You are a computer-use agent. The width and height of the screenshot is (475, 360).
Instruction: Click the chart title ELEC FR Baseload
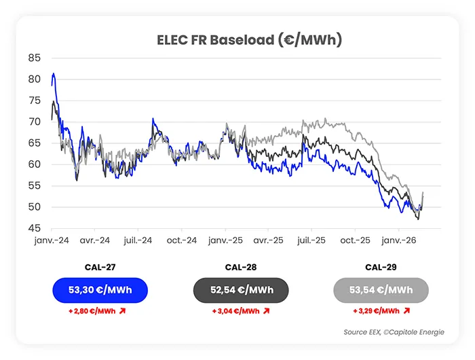click(237, 40)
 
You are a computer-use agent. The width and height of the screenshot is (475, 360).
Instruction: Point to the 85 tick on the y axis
click(34, 58)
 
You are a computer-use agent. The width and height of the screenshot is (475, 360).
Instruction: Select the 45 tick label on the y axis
click(34, 228)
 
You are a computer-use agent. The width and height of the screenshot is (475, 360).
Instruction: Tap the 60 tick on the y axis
click(34, 164)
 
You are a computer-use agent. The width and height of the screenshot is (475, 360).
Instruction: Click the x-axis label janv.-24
click(52, 240)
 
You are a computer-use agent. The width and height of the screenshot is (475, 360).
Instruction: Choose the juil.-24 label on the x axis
click(138, 240)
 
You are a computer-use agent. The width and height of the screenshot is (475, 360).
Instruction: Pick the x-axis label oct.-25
click(355, 240)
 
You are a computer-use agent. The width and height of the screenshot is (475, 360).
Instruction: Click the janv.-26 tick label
click(398, 240)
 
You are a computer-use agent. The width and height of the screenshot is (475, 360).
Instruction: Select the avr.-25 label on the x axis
click(269, 240)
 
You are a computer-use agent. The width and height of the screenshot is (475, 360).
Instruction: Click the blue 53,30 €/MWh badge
click(100, 290)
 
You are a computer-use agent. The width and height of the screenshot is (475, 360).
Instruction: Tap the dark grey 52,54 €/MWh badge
click(242, 290)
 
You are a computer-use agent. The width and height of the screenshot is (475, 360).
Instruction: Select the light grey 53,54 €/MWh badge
click(381, 290)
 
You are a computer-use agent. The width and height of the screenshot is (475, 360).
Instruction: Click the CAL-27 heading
click(100, 267)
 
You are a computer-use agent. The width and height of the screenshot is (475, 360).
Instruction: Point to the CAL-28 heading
click(242, 267)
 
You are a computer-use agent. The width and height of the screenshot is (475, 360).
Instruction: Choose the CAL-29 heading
click(381, 267)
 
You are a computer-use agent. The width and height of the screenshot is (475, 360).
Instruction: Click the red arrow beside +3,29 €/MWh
click(406, 310)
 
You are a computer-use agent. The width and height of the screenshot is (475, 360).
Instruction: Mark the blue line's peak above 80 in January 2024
click(54, 73)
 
